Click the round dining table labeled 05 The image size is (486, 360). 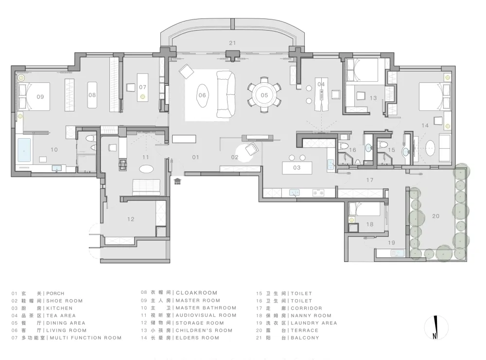tap(264, 95)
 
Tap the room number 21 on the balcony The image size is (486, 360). tap(232, 43)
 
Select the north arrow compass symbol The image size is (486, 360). tap(436, 327)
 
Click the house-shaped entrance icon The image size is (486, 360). tap(177, 181)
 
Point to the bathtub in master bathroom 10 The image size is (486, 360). tap(24, 150)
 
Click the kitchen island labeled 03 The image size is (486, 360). tap(297, 168)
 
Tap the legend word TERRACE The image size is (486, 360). tap(304, 330)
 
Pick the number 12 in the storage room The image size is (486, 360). tap(131, 219)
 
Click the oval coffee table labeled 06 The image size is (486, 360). tap(202, 95)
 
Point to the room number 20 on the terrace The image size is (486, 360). tap(436, 216)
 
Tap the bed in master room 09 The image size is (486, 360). tap(34, 96)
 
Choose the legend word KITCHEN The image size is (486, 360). tap(59, 308)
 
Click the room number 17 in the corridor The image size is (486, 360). tap(370, 180)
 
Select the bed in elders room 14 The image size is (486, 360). tap(434, 96)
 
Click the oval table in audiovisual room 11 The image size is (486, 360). tap(146, 169)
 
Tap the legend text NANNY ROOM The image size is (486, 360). tap(311, 315)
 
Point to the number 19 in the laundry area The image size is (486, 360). tap(391, 243)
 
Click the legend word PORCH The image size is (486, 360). tap(55, 293)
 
